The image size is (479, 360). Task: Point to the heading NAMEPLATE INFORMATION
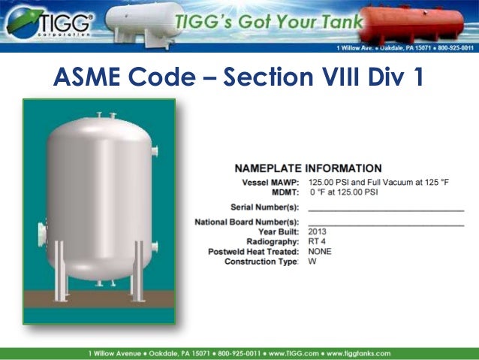(308, 168)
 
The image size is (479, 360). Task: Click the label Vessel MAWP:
(271, 183)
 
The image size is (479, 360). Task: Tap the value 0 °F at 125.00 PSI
(345, 192)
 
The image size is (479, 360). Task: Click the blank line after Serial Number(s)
(386, 208)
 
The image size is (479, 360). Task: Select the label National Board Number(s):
(247, 222)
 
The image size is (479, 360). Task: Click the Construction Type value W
(312, 262)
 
